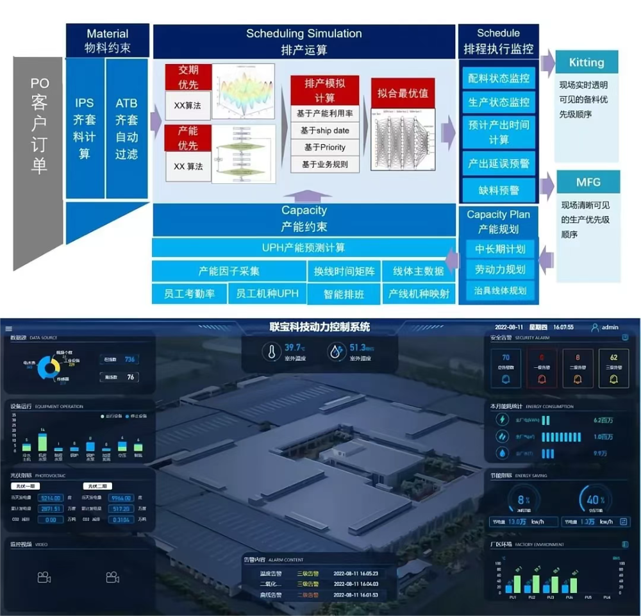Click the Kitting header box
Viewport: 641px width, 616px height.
(586, 62)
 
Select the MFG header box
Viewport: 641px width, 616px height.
(588, 182)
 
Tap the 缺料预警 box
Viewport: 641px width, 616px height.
(499, 190)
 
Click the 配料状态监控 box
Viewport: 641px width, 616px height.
(499, 78)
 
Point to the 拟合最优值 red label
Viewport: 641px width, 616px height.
(403, 93)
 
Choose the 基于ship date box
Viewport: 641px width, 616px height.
(324, 131)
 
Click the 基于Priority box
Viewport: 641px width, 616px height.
(324, 147)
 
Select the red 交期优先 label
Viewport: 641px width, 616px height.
(188, 78)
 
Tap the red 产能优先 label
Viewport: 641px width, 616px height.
(188, 138)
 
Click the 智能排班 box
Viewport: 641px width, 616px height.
(344, 294)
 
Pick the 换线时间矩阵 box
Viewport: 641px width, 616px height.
(344, 271)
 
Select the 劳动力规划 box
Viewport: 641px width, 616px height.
(500, 269)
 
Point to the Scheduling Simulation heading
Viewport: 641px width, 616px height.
(304, 33)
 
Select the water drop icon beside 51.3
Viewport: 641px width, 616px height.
(335, 351)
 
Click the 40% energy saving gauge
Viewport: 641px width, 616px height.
(594, 499)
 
